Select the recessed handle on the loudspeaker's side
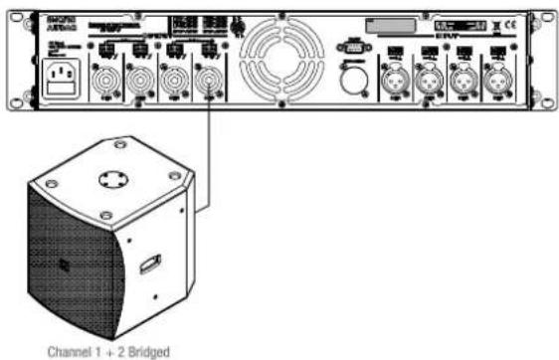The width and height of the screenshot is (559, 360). click(x=148, y=264)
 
